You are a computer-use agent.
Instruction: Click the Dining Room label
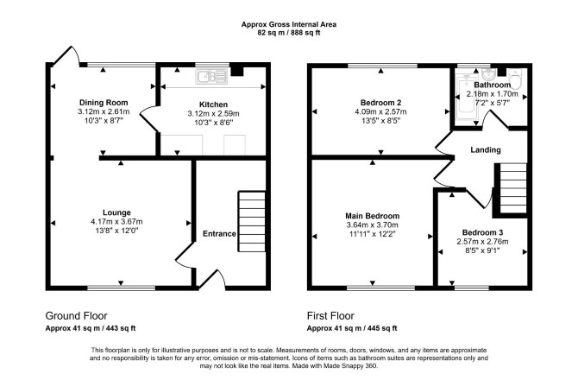(104, 103)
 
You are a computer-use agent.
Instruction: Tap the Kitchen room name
(213, 104)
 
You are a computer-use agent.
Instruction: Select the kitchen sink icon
(211, 77)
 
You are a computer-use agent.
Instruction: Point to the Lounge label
(116, 212)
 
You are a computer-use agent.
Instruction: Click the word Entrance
(219, 233)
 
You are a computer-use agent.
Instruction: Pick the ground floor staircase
(252, 221)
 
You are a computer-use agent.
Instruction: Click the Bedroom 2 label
(380, 103)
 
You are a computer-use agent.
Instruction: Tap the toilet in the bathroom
(514, 79)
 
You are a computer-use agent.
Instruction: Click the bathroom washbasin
(489, 74)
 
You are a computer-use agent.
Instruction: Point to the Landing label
(486, 149)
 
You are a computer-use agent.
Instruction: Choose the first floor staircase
(512, 188)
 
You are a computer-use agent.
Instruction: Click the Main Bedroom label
(373, 216)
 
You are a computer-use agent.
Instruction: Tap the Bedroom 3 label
(482, 232)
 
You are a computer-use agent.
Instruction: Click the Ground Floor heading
(76, 316)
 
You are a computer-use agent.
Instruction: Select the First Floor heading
(330, 316)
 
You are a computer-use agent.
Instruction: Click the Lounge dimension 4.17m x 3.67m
(116, 222)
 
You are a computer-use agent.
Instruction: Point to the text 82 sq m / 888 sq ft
(289, 33)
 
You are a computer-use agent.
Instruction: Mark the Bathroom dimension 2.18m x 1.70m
(492, 94)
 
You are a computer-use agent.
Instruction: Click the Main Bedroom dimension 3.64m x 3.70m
(373, 225)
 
